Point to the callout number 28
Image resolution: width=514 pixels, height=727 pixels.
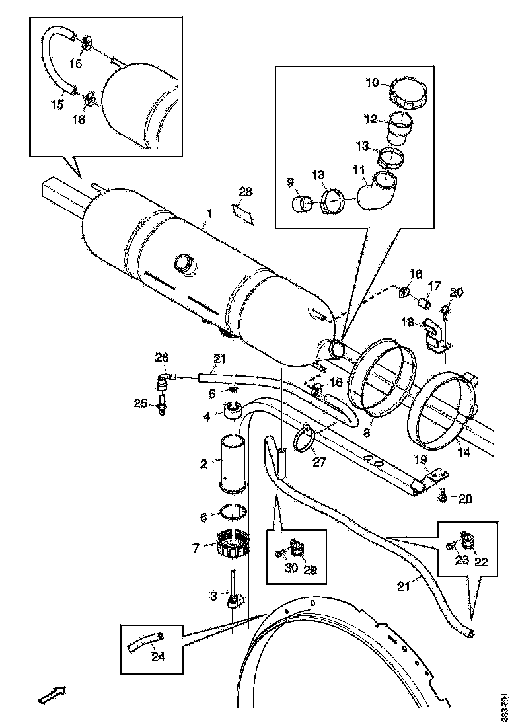pyautogui.click(x=245, y=192)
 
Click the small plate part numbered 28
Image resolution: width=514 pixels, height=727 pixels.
pyautogui.click(x=242, y=213)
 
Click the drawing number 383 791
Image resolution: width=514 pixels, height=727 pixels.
pyautogui.click(x=505, y=706)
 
